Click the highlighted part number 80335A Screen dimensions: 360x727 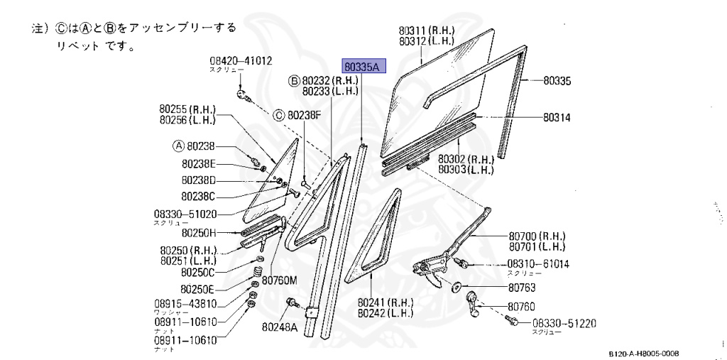[x=363, y=67]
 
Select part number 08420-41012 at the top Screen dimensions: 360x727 [x=241, y=61]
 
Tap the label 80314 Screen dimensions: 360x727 [x=557, y=117]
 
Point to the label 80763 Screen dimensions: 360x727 [x=521, y=288]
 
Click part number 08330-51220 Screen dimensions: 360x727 [x=564, y=323]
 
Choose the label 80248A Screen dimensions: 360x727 [x=279, y=327]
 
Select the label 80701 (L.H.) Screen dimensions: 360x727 [x=536, y=246]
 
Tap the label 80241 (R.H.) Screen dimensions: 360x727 [x=386, y=301]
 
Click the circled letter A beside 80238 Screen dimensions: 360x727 [x=178, y=146]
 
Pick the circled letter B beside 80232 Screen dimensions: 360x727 [x=294, y=81]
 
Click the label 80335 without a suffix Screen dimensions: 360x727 [x=557, y=81]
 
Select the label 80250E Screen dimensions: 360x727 [x=197, y=289]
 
